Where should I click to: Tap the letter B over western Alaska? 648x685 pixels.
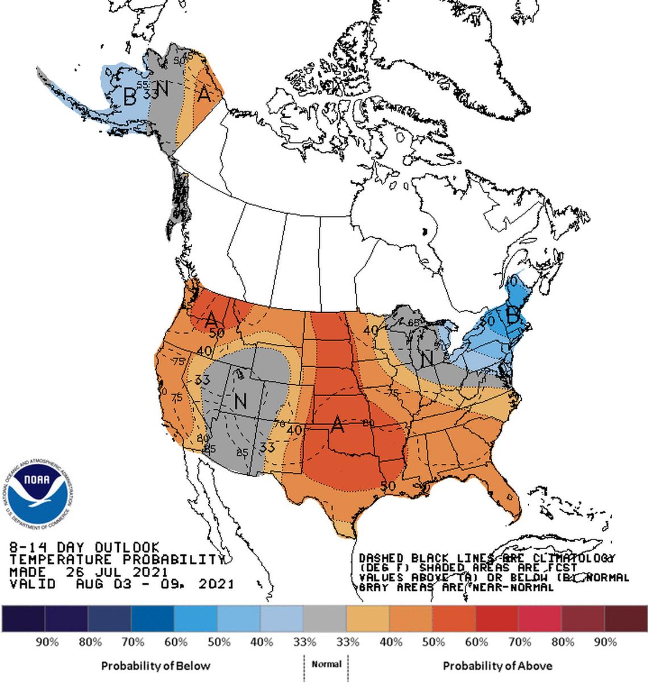[130, 97]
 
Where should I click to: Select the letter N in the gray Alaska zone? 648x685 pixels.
[163, 89]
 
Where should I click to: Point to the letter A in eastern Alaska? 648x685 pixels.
[205, 93]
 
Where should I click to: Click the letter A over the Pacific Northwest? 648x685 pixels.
[211, 319]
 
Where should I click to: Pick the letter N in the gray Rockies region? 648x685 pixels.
[240, 402]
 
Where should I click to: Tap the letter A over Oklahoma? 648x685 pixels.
[338, 424]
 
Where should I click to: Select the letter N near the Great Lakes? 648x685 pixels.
[426, 359]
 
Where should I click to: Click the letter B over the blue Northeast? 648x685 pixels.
[513, 317]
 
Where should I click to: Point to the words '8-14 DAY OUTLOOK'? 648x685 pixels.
[85, 547]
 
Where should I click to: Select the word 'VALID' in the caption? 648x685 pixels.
[32, 584]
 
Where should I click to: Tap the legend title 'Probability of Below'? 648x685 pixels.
[155, 666]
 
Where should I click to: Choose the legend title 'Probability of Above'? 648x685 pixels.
[497, 666]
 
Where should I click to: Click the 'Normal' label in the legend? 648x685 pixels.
[326, 664]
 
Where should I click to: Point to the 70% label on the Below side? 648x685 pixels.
[132, 642]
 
